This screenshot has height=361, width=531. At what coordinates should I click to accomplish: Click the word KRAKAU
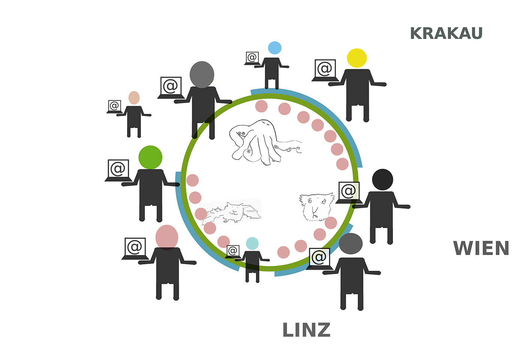coord(446,34)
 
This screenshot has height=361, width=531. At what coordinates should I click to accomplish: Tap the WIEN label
coord(481,248)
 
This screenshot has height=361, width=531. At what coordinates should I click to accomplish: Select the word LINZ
coord(306,330)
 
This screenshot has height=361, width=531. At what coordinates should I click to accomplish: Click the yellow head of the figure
coord(357,58)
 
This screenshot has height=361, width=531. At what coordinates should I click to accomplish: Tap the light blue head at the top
coord(275,48)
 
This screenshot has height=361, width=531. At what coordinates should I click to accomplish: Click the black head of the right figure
coord(383,179)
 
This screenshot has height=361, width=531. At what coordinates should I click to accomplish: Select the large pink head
coord(167,237)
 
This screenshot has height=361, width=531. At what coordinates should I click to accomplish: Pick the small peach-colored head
coord(134,98)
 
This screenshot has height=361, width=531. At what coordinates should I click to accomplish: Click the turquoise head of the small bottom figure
coord(252,243)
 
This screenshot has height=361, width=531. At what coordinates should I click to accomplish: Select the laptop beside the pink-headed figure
coord(135,248)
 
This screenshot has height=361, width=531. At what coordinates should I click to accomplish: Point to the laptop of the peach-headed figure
coord(115,107)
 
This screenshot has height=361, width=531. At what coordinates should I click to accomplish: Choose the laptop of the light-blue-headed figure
coord(252,58)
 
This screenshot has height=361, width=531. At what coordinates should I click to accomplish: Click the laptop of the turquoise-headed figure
coord(233,251)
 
